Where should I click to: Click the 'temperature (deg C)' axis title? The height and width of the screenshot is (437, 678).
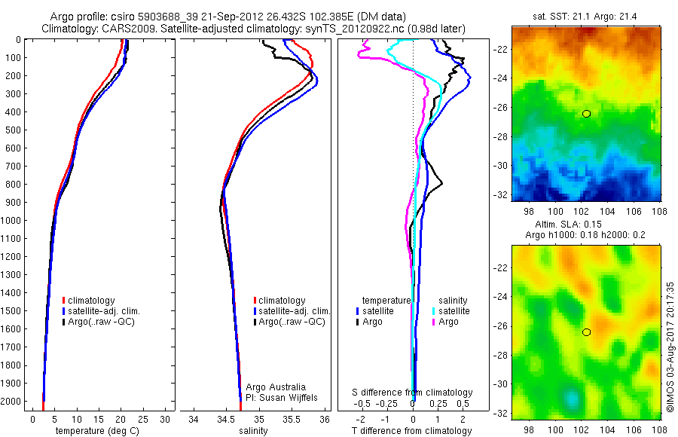[95, 431]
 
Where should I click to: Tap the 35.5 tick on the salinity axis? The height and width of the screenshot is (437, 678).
[292, 419]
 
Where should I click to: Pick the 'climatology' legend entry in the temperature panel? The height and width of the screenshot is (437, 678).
[91, 301]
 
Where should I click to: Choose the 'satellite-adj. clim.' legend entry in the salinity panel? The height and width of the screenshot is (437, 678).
[295, 311]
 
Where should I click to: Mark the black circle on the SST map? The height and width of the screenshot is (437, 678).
[586, 113]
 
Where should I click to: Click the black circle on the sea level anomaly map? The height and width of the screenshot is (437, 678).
[586, 332]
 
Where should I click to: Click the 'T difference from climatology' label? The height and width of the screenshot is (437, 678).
[413, 431]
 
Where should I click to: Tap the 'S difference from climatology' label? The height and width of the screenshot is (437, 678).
[413, 393]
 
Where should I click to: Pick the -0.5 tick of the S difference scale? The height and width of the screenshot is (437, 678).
[364, 404]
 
